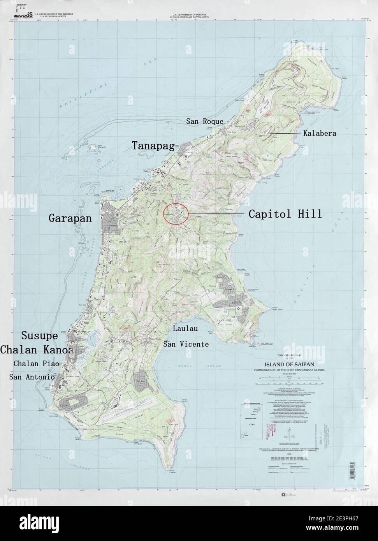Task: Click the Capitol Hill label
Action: click(x=285, y=214)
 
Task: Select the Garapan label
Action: click(x=70, y=218)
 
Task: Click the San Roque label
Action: click(x=204, y=121)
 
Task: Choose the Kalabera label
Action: click(x=320, y=133)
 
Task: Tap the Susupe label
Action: click(x=39, y=335)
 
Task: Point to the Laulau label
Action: click(x=185, y=329)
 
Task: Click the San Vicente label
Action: click(x=186, y=344)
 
